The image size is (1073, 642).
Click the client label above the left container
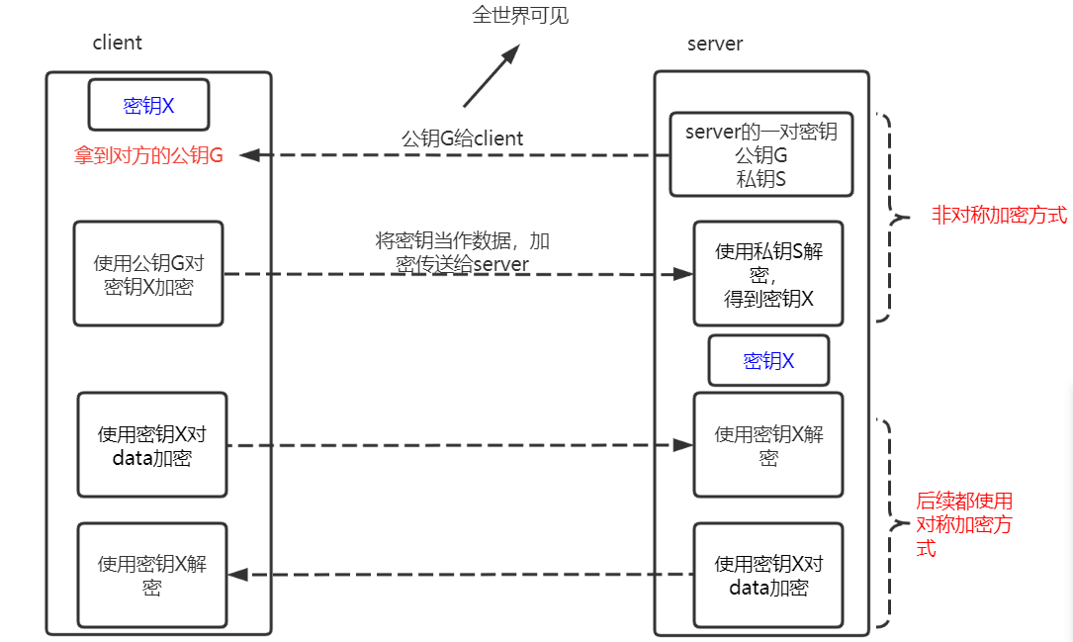pyautogui.click(x=117, y=43)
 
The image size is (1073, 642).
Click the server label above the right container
pyautogui.click(x=714, y=44)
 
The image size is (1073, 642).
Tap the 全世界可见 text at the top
pyautogui.click(x=520, y=15)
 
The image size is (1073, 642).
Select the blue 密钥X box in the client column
pyautogui.click(x=148, y=106)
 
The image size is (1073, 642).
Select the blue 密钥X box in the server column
pyautogui.click(x=768, y=361)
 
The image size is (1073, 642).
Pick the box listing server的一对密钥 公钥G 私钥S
pyautogui.click(x=760, y=154)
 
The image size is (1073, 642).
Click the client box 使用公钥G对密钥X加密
pyautogui.click(x=148, y=274)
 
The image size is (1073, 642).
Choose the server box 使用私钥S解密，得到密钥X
pyautogui.click(x=768, y=274)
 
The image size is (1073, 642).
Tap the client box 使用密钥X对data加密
pyautogui.click(x=152, y=445)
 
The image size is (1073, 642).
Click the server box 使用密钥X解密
pyautogui.click(x=768, y=445)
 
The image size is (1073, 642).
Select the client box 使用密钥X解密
pyautogui.click(x=152, y=575)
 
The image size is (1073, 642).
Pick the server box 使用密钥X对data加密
pyautogui.click(x=768, y=575)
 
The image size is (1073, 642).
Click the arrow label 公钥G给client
pyautogui.click(x=462, y=138)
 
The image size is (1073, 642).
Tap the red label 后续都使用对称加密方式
pyautogui.click(x=963, y=524)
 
